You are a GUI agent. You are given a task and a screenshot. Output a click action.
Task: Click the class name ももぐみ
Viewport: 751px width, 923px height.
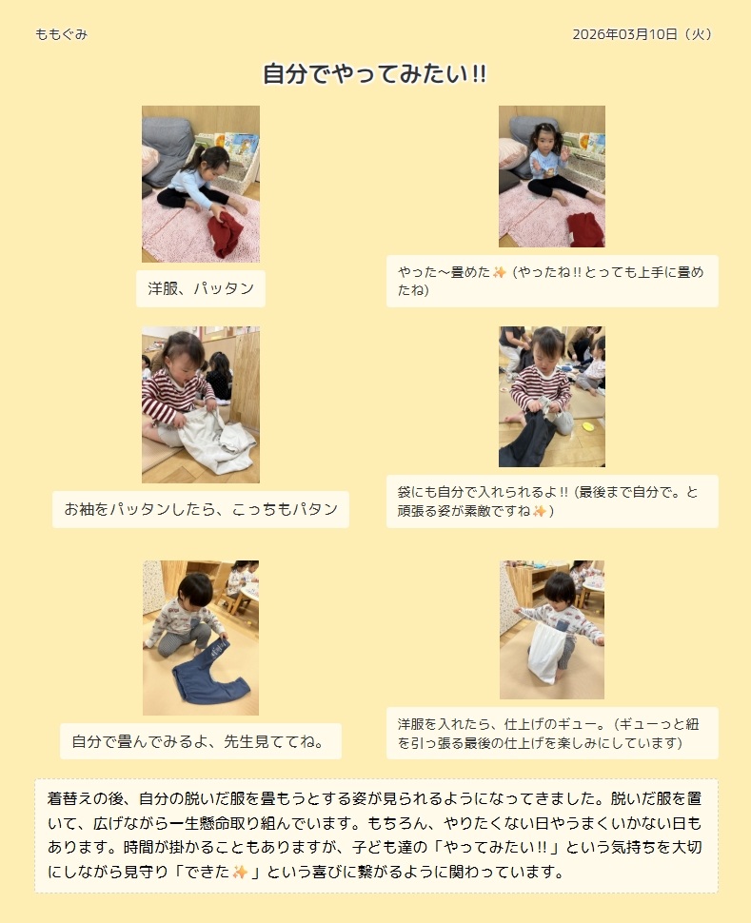tap(61, 34)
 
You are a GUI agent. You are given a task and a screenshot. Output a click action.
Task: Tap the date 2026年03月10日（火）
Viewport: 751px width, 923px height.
tap(642, 34)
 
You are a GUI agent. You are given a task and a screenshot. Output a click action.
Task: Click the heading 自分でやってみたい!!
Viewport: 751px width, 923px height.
tap(375, 74)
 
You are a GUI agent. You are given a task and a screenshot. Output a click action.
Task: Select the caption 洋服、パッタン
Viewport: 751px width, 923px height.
tap(201, 288)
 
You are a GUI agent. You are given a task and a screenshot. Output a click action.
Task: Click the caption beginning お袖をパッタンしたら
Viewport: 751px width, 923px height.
tap(201, 509)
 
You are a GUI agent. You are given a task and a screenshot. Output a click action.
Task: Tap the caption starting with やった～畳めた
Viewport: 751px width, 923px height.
tap(551, 281)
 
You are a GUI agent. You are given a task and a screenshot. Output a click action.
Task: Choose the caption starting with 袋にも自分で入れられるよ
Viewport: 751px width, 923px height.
tap(548, 501)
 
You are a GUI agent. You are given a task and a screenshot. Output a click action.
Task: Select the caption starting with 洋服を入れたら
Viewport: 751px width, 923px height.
tap(549, 734)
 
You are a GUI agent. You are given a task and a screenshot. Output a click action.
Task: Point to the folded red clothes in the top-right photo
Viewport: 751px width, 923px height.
tap(585, 229)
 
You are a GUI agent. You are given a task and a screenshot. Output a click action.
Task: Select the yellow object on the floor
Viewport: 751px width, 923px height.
tap(588, 425)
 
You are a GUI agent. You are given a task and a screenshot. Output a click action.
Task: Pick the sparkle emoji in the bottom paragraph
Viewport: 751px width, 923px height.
tap(240, 872)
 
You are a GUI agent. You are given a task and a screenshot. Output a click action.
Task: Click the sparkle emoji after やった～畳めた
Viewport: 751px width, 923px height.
tap(499, 272)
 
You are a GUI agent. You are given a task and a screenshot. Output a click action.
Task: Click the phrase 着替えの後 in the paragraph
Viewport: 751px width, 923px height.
tap(86, 798)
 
